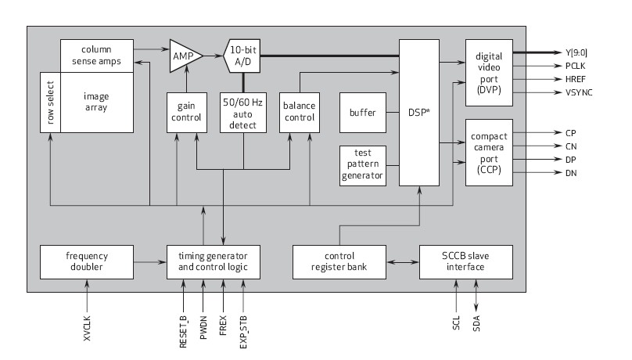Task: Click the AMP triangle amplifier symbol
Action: click(185, 56)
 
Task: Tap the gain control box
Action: click(185, 111)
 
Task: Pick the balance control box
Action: click(300, 111)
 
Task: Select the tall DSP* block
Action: click(418, 112)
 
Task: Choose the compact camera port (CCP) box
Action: click(488, 153)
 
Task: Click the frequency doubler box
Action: click(87, 261)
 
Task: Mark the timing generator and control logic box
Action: click(213, 261)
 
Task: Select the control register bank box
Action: click(339, 261)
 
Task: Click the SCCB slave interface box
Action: click(465, 261)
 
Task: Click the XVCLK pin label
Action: click(87, 327)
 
